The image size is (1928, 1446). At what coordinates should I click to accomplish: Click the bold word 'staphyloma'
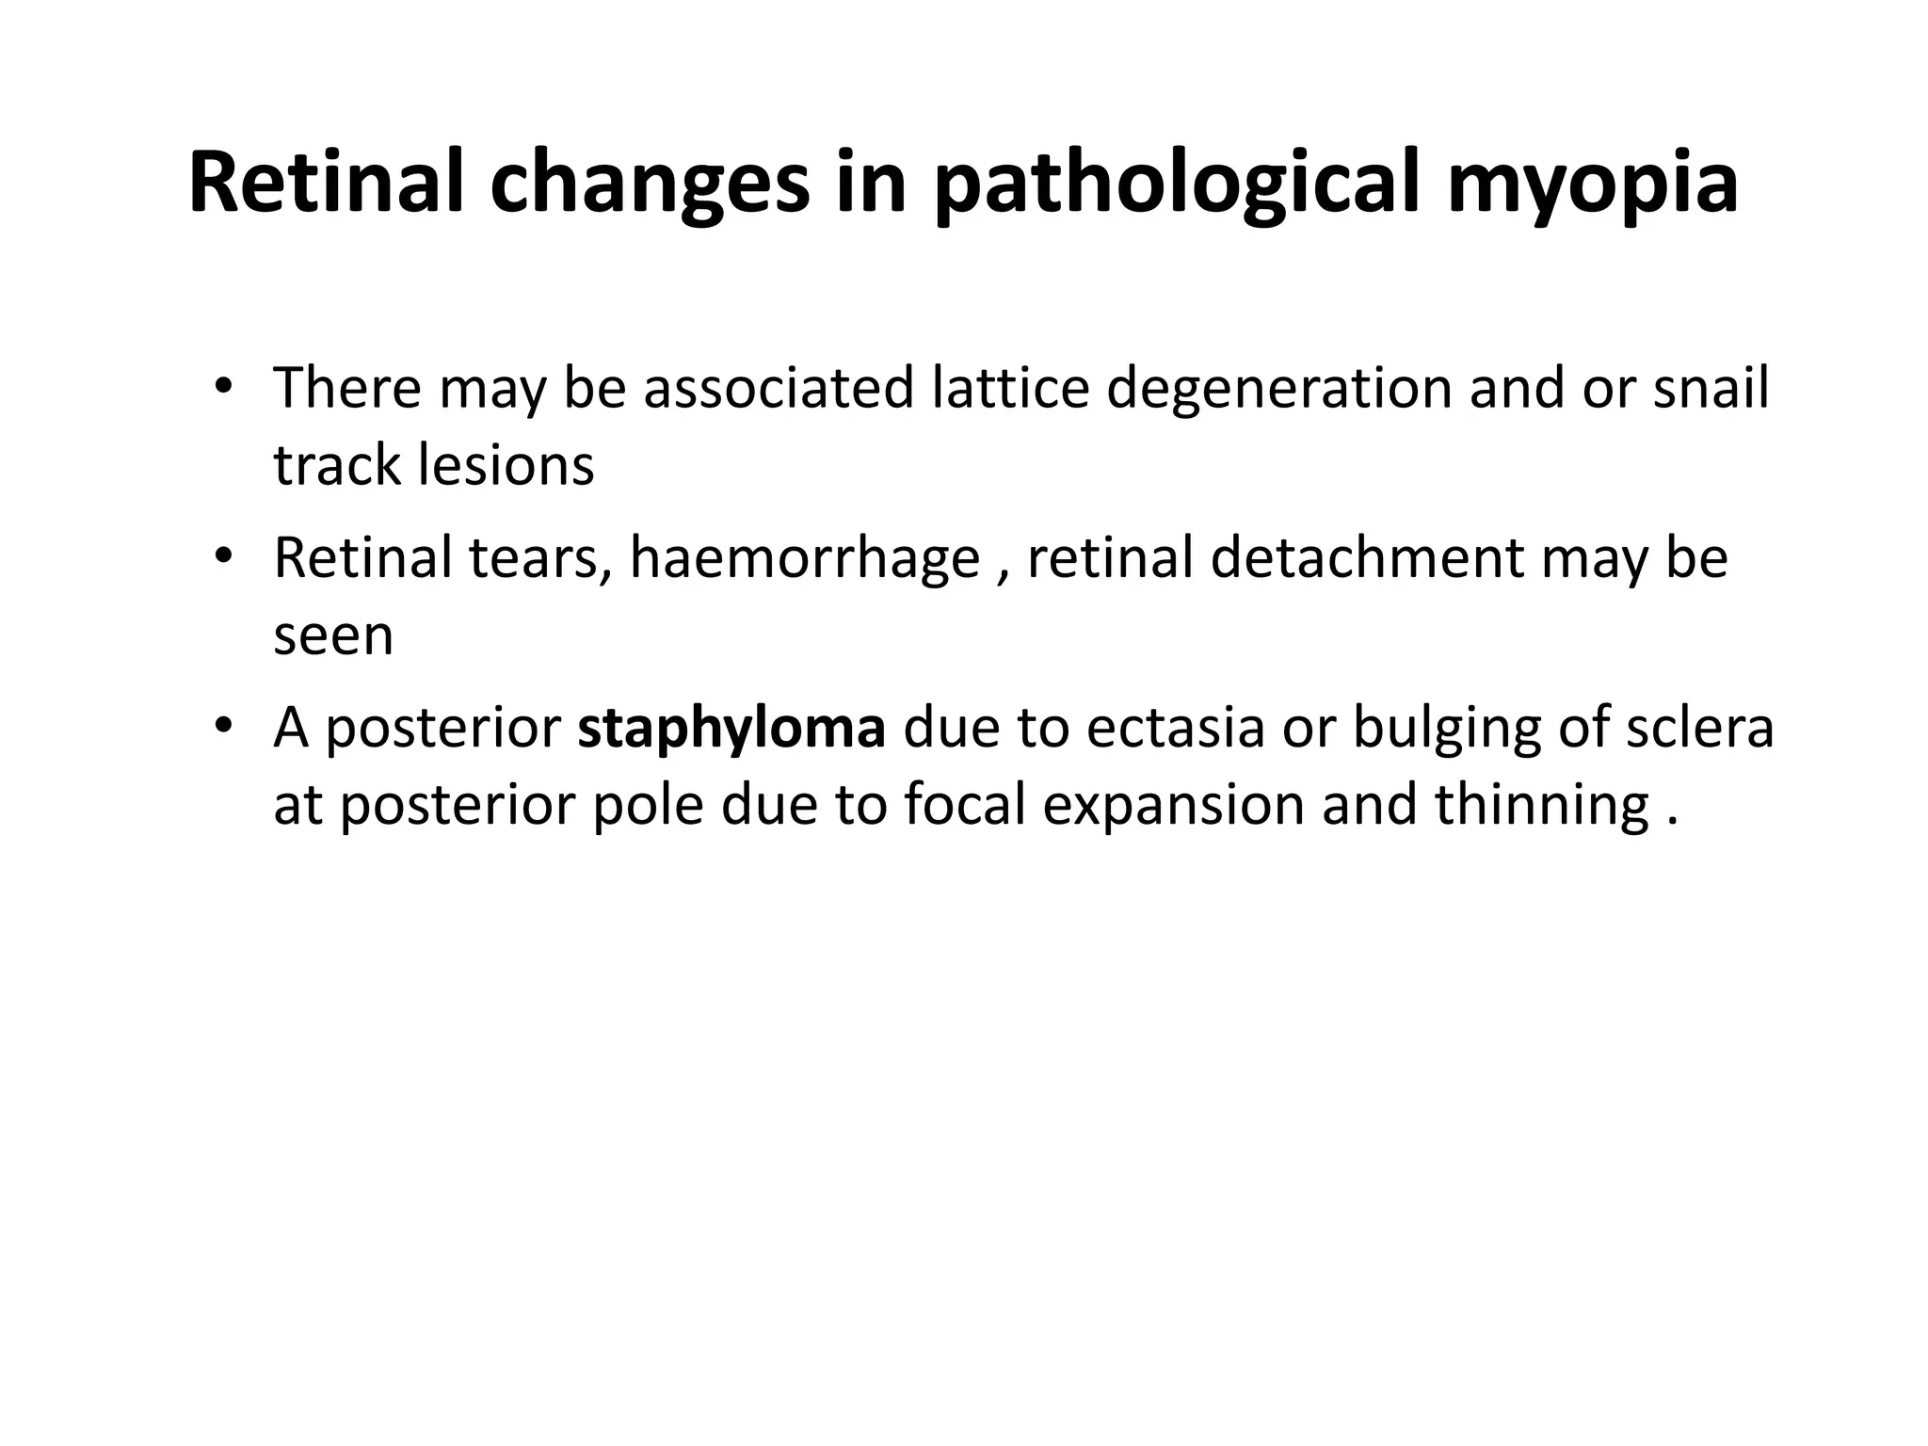pos(731,729)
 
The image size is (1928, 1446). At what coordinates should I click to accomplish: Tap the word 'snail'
pos(1711,388)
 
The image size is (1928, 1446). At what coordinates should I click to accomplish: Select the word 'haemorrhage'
pos(805,558)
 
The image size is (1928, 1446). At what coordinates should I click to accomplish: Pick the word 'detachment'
pos(1366,558)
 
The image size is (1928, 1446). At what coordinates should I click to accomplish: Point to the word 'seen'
pos(333,636)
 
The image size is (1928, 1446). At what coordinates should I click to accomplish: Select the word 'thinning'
pos(1541,807)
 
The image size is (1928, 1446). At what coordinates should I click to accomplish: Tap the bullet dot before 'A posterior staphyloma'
pos(223,728)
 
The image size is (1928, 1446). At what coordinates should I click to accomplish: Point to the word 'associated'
pos(779,388)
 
